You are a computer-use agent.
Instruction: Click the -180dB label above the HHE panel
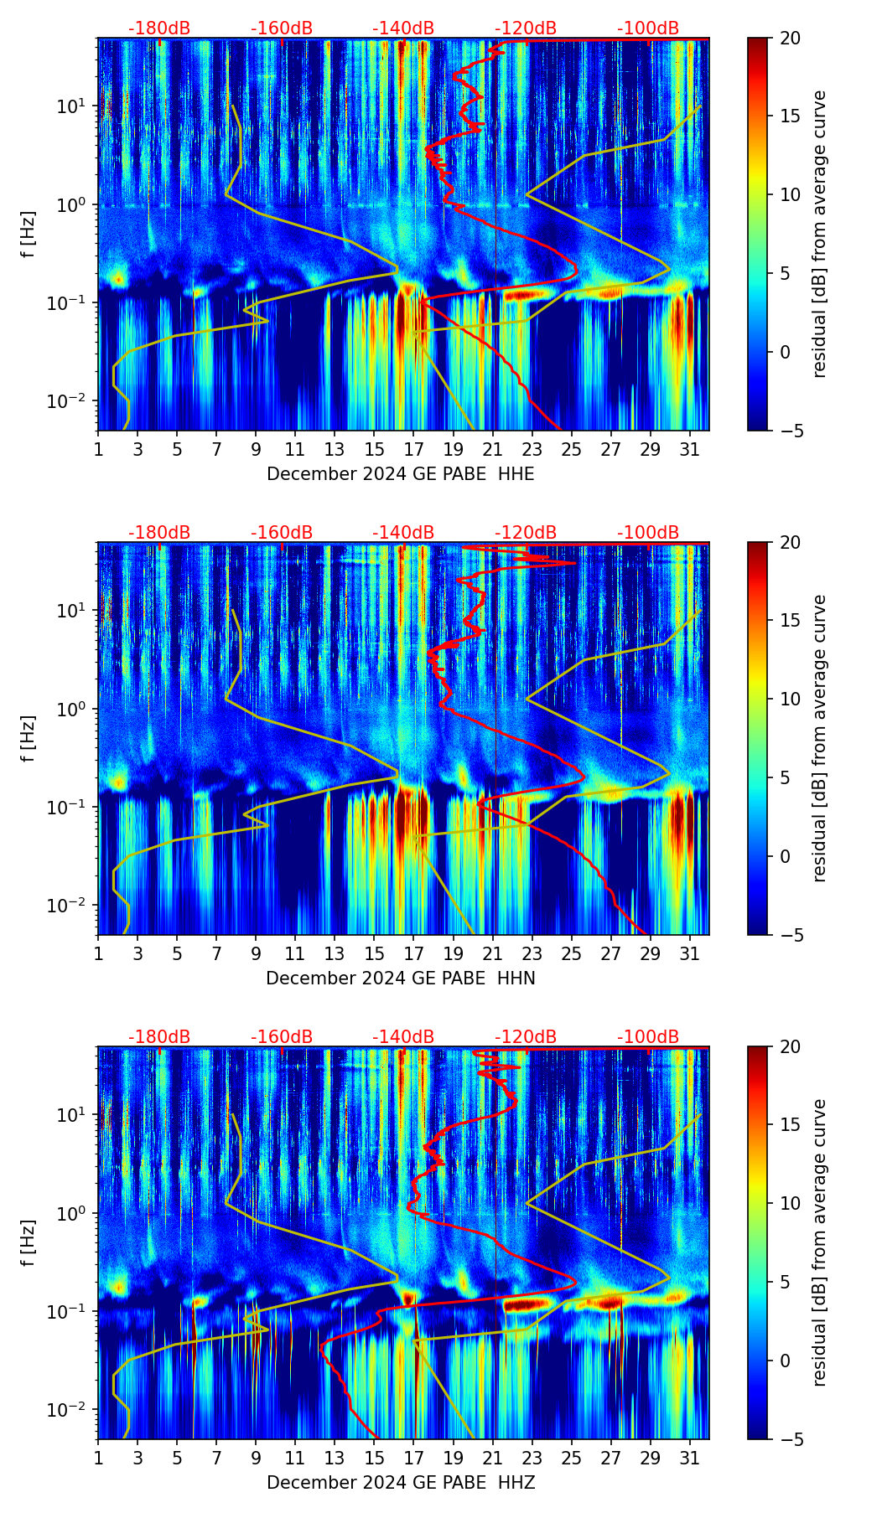pos(159,28)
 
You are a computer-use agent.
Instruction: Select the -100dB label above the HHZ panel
pos(648,1037)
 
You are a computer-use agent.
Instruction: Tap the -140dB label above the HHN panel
pos(403,533)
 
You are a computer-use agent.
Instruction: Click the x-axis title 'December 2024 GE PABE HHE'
pos(401,474)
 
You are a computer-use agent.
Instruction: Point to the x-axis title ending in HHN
pos(401,979)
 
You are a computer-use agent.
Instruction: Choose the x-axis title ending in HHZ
pos(401,1483)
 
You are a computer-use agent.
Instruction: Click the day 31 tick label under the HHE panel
pos(690,449)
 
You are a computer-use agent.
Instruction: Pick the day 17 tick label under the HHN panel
pos(414,953)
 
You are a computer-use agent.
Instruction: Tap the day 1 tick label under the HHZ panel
pos(98,1458)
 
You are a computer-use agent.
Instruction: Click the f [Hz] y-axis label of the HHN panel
pos(29,738)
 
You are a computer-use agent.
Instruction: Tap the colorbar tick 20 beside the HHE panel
pos(791,39)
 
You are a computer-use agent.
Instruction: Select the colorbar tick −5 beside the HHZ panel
pos(791,1439)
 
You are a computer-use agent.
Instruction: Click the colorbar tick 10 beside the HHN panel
pos(791,699)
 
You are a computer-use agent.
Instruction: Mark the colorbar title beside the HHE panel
pos(819,234)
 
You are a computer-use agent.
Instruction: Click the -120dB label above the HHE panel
pos(526,28)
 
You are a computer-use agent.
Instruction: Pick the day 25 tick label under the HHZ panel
pos(572,1458)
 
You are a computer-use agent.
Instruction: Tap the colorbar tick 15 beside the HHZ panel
pos(791,1125)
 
